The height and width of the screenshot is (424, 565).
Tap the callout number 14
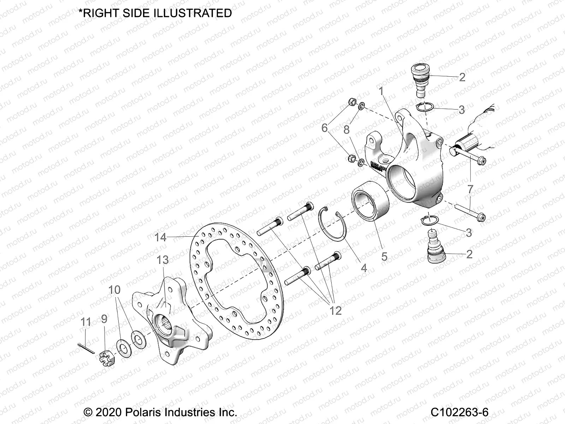[160, 237]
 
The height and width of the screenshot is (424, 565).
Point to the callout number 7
[470, 189]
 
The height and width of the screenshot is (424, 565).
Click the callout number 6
[325, 128]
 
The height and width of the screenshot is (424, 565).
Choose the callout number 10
[114, 290]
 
